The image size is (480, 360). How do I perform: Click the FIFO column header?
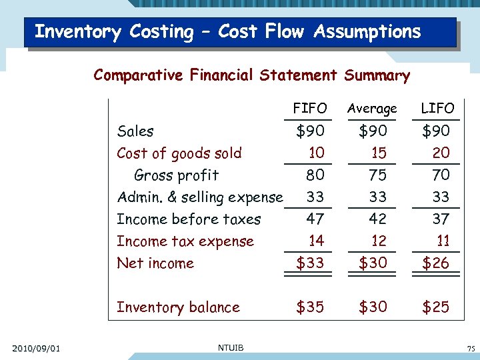pyautogui.click(x=310, y=108)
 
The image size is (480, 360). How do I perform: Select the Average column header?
pyautogui.click(x=373, y=108)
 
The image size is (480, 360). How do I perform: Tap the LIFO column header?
pyautogui.click(x=437, y=108)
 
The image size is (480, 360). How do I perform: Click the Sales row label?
pyautogui.click(x=135, y=131)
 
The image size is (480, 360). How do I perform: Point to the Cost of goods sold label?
pyautogui.click(x=179, y=153)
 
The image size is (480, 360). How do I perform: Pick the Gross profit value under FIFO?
pyautogui.click(x=315, y=175)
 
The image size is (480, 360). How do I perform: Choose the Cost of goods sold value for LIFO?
pyautogui.click(x=441, y=153)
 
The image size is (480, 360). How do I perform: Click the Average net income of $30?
pyautogui.click(x=373, y=263)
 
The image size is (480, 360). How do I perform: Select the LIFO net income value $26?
pyautogui.click(x=435, y=263)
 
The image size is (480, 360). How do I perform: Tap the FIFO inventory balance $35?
pyautogui.click(x=310, y=307)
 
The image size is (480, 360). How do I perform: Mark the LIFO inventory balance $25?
pyautogui.click(x=435, y=307)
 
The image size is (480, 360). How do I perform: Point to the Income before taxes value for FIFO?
pyautogui.click(x=315, y=219)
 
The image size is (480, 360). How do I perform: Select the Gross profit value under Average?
pyautogui.click(x=378, y=175)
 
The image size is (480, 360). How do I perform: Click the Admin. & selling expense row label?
pyautogui.click(x=199, y=197)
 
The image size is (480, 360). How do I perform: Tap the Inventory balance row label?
pyautogui.click(x=178, y=307)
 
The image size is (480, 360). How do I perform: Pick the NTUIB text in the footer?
pyautogui.click(x=230, y=346)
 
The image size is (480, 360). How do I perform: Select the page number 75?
pyautogui.click(x=471, y=349)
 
